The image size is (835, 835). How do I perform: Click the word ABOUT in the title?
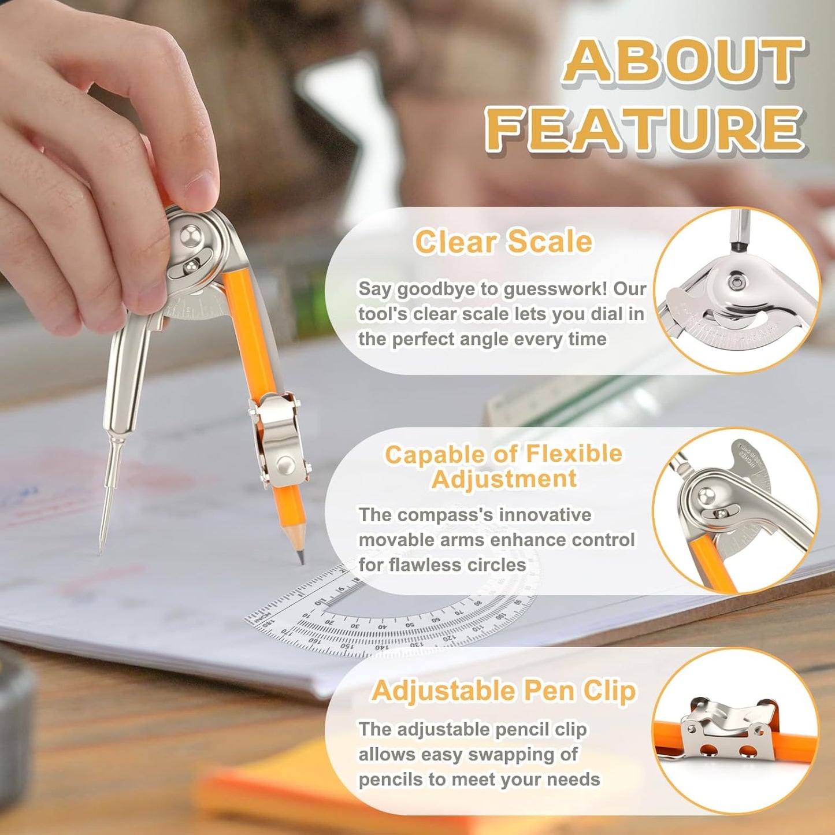coord(684,61)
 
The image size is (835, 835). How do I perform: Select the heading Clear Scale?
coord(503,242)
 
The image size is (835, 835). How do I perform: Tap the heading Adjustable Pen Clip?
coord(503,691)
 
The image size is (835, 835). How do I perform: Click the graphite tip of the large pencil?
coord(301,558)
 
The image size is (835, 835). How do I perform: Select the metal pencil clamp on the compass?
coord(277,439)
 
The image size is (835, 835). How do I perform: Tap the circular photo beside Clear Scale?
coord(736,291)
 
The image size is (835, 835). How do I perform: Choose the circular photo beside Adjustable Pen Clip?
coord(736,731)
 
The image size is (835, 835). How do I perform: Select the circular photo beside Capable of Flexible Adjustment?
coord(736,511)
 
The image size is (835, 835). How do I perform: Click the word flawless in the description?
coord(425,565)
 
